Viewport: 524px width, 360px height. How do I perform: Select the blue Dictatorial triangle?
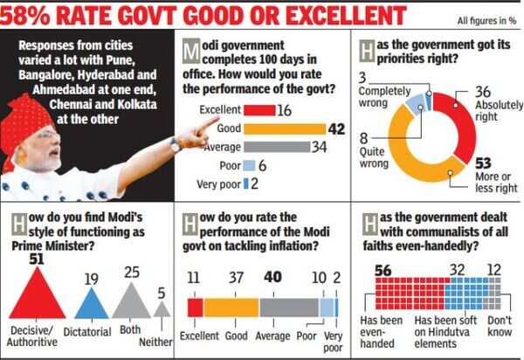(x=90, y=304)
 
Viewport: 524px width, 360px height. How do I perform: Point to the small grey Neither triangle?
(x=162, y=310)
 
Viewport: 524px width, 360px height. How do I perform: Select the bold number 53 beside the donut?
(x=482, y=162)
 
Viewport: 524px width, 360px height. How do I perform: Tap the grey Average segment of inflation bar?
(x=289, y=308)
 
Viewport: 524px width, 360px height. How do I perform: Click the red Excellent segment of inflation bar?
(x=195, y=308)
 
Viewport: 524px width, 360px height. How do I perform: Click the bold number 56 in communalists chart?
(x=382, y=271)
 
